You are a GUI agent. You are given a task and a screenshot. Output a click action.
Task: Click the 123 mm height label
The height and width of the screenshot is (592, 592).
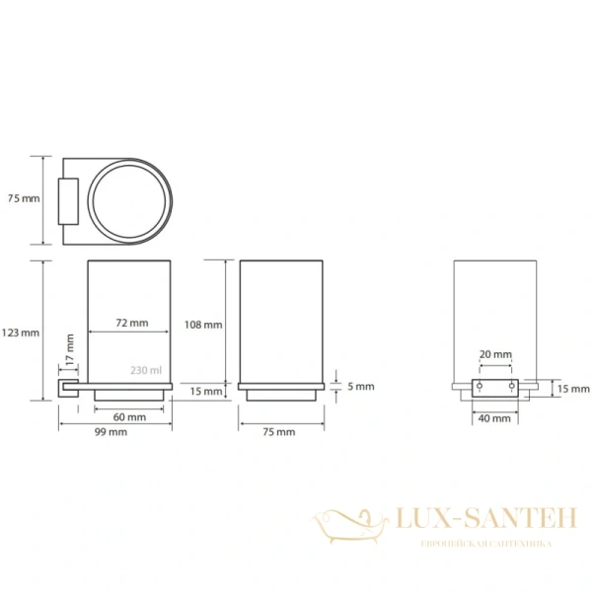click(x=21, y=333)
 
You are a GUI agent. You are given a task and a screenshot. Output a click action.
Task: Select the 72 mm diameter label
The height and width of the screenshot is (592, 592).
click(x=132, y=323)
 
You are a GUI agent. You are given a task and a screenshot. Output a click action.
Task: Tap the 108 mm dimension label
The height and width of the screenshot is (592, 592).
click(x=203, y=325)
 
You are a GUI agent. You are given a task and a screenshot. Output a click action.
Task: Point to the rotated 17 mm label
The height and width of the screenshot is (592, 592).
click(x=70, y=349)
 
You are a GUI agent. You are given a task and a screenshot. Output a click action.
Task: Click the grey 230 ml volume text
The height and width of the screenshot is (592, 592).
click(x=146, y=370)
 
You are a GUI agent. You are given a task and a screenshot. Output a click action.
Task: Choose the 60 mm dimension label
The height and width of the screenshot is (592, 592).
click(x=129, y=417)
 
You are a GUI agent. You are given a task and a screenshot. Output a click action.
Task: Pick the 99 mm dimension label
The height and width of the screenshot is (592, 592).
click(x=111, y=432)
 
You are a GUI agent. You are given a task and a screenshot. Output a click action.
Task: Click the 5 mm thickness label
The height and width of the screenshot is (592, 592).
click(x=361, y=386)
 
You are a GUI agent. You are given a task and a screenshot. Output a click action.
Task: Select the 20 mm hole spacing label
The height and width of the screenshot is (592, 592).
click(x=495, y=354)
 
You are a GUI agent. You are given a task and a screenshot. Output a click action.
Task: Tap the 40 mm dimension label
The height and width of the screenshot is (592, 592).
click(x=494, y=418)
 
